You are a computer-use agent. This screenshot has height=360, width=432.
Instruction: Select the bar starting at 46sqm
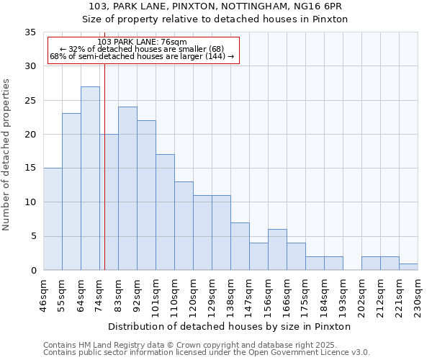click(53, 219)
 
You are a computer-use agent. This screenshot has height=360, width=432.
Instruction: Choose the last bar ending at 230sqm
click(408, 267)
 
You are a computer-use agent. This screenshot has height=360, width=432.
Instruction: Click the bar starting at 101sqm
click(165, 212)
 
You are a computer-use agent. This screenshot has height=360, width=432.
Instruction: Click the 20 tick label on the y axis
click(30, 135)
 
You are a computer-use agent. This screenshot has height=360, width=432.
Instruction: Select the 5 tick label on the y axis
click(33, 237)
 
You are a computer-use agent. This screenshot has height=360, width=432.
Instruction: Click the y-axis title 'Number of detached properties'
click(7, 155)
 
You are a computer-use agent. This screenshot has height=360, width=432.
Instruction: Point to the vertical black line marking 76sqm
click(104, 180)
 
